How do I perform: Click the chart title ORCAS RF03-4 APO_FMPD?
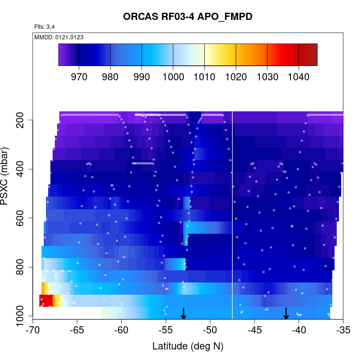188,17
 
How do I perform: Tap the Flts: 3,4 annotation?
44,26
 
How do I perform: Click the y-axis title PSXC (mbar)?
8,176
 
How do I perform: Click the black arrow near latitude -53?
183,314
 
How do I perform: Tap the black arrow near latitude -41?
286,314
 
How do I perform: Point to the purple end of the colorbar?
63,55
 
